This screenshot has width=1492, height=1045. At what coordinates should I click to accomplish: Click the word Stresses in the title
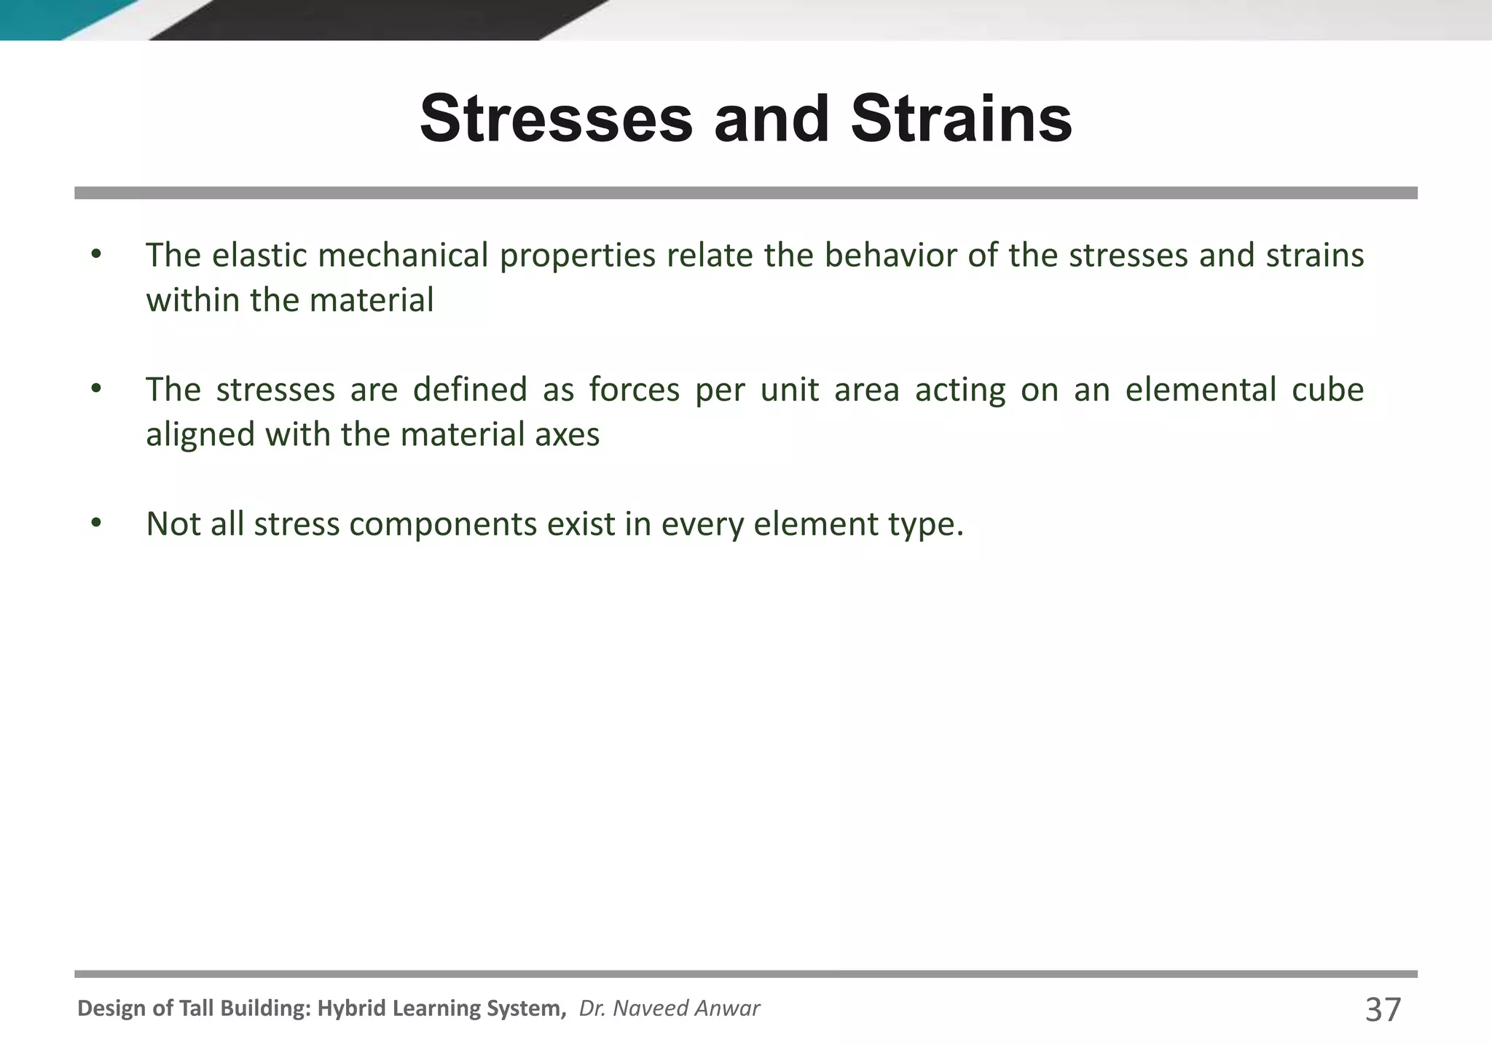tap(557, 119)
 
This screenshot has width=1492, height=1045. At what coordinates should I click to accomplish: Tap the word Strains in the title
tap(962, 119)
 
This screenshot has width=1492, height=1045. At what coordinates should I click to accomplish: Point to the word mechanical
tap(403, 255)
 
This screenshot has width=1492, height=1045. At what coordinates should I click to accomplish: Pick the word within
tap(192, 300)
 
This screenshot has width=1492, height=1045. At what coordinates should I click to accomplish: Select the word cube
tap(1327, 389)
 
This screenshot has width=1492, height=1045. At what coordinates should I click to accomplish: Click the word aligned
tap(200, 436)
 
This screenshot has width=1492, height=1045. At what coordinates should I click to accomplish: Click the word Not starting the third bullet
tap(173, 524)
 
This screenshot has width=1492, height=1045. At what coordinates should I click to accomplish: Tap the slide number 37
tap(1383, 1010)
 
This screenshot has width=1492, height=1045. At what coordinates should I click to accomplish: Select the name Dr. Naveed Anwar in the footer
tap(669, 1009)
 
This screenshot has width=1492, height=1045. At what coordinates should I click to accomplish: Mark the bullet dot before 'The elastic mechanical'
tap(95, 255)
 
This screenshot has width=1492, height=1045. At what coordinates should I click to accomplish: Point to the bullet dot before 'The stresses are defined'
tap(95, 389)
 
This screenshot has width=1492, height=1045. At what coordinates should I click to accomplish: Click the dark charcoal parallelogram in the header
tap(379, 19)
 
